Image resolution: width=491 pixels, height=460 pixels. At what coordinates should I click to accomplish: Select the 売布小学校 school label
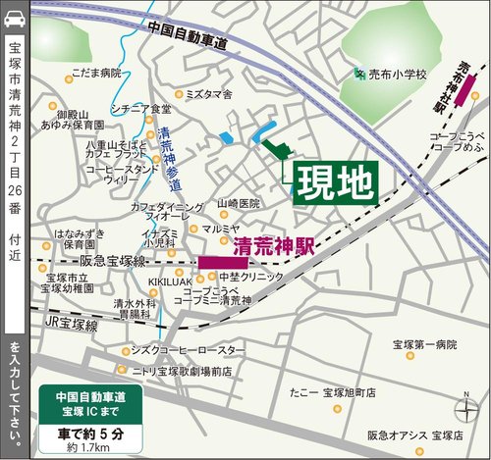[x=398, y=74]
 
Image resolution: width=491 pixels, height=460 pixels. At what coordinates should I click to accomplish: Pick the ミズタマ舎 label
[x=207, y=95]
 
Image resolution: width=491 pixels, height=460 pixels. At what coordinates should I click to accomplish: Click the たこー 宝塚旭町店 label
[x=333, y=390]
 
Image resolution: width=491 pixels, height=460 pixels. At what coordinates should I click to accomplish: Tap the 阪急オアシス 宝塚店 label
[x=414, y=434]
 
